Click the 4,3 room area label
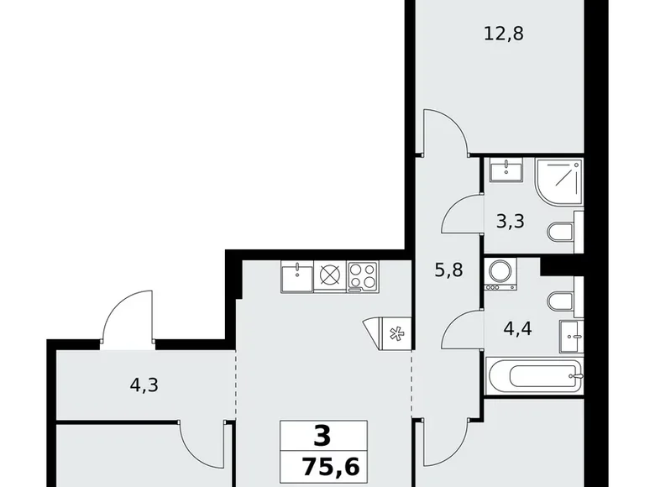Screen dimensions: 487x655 pos(145,387)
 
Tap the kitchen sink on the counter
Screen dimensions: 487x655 pos(296,275)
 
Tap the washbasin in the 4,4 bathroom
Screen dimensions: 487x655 pos(573,338)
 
